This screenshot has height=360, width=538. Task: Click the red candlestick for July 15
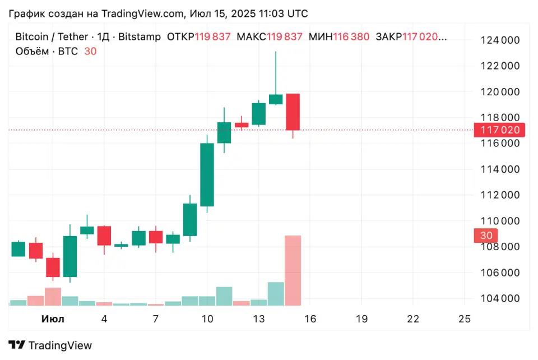tap(293, 112)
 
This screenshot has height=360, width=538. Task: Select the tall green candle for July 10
tap(207, 174)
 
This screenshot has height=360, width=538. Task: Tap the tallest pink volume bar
tap(293, 270)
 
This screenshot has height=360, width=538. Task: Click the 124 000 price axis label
tap(500, 40)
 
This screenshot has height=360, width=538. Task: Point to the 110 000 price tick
tap(500, 221)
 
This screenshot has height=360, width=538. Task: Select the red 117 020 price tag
tap(500, 130)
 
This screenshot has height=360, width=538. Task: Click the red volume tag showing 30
tap(486, 236)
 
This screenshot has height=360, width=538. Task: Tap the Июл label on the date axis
tap(53, 319)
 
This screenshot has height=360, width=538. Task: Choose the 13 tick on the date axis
tap(258, 319)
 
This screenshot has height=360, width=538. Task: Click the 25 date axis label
tap(464, 319)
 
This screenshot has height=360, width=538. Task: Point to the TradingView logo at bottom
tap(50, 345)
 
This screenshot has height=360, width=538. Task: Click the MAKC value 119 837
tap(285, 37)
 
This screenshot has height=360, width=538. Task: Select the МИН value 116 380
tap(351, 37)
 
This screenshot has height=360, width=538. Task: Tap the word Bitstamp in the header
tap(140, 37)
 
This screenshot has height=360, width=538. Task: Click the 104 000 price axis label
tap(500, 298)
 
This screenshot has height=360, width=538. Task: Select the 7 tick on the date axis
tap(156, 319)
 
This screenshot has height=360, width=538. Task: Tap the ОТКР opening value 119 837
tap(212, 37)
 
